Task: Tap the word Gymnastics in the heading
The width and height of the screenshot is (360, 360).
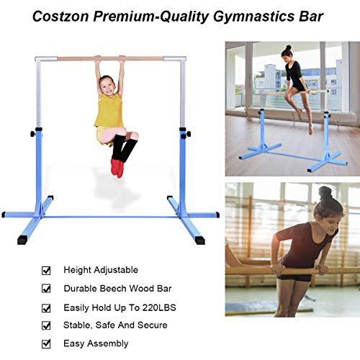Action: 240,15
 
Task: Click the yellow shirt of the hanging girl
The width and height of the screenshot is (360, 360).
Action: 109,112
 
